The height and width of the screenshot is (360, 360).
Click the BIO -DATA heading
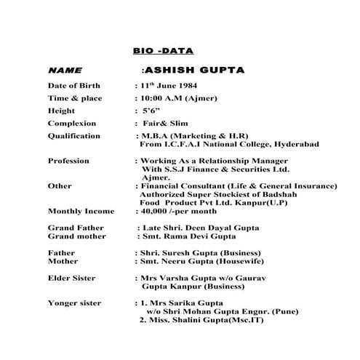(x=163, y=52)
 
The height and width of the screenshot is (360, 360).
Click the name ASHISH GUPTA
(x=193, y=71)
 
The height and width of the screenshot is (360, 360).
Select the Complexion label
(x=72, y=124)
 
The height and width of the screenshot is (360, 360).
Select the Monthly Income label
(x=81, y=211)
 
